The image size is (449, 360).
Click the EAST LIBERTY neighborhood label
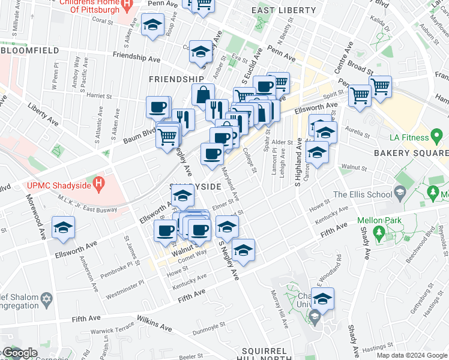(x=283, y=10)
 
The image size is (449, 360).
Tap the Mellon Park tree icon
(x=378, y=232)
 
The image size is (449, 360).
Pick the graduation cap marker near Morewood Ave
(x=62, y=229)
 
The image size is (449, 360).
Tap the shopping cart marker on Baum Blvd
(x=167, y=137)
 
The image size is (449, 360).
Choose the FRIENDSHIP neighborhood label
(x=176, y=79)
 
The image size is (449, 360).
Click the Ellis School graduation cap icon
(x=399, y=193)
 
